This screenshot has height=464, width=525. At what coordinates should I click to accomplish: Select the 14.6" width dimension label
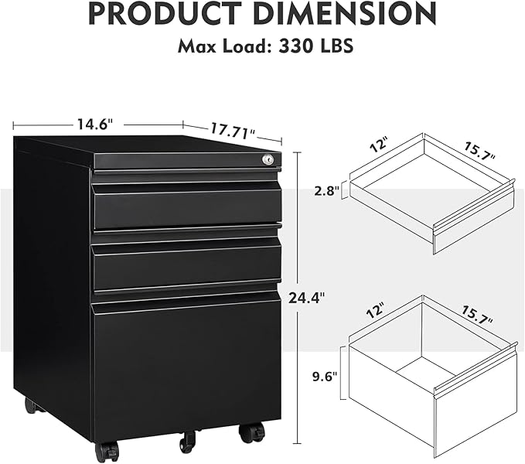[95, 123]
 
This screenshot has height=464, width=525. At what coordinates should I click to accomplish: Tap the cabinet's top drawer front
[186, 206]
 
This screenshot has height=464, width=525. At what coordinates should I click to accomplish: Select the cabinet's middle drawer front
[186, 264]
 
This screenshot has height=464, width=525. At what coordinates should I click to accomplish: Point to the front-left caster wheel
[107, 451]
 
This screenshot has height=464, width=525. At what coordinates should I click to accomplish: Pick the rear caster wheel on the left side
[30, 404]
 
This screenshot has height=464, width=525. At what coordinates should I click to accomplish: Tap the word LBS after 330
[335, 46]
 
